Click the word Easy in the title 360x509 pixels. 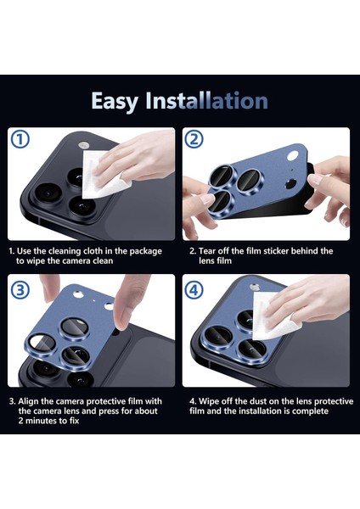115,101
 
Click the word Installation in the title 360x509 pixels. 206,100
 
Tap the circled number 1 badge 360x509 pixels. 20,139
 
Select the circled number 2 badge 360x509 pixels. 194,139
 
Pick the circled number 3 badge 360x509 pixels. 20,289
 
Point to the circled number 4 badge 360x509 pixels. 194,289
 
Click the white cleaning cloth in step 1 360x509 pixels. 104,176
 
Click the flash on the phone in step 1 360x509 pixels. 84,145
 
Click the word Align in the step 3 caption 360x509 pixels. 29,401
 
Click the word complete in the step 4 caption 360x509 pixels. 310,411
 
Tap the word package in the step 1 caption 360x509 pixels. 145,252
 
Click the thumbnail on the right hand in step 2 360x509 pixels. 314,180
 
